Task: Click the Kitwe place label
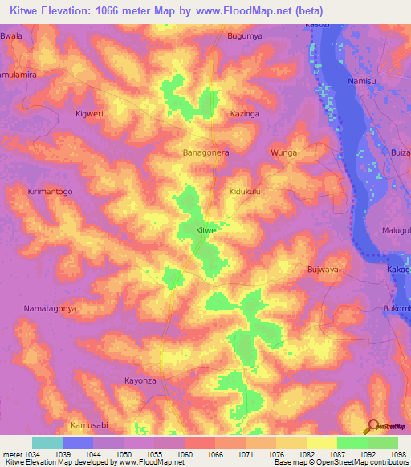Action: [x=206, y=230]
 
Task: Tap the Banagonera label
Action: [x=206, y=152]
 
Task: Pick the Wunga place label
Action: [x=283, y=152]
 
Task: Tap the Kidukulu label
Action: [x=246, y=192]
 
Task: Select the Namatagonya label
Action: [x=50, y=308]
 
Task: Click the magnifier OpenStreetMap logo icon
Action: [x=372, y=425]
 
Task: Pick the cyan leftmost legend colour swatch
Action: [x=47, y=442]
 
